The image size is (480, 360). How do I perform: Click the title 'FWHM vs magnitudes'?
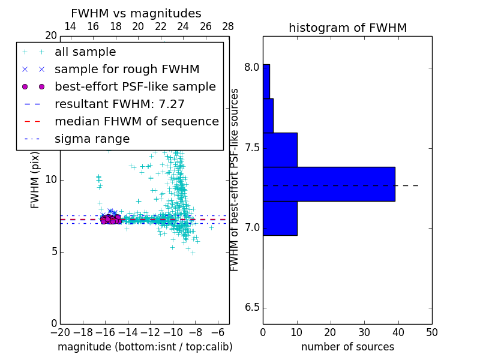coord(136,14)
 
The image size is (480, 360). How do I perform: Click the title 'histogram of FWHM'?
coord(347,28)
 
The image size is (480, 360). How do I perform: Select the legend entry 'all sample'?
coord(85,52)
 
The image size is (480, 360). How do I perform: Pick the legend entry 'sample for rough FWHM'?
coord(127,70)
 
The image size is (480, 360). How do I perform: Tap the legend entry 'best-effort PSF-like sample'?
coord(135,87)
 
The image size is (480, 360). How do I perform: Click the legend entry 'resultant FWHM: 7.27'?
coord(119,104)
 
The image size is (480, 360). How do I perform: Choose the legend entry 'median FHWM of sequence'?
coord(136,122)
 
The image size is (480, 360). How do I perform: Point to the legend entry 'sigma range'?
coord(92,139)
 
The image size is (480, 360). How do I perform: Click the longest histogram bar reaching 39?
coord(329,184)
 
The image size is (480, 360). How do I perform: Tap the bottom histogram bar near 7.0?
coord(280,218)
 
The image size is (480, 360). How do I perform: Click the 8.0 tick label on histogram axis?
coord(251,67)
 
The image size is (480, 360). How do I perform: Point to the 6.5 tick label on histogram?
coord(251,308)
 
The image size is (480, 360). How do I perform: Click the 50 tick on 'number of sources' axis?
coord(431,332)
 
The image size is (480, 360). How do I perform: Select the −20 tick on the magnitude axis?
coord(60,332)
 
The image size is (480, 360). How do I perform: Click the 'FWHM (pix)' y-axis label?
coord(35,179)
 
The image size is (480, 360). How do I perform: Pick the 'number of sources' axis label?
coord(347,347)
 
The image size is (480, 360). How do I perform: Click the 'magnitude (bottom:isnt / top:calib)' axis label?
coord(145,347)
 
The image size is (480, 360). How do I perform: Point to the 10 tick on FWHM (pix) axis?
coord(50,179)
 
